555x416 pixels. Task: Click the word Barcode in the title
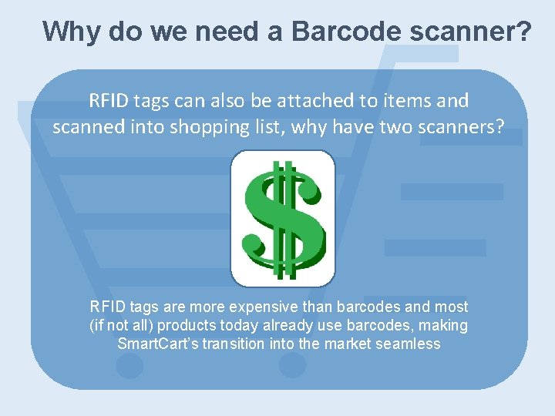[x=346, y=32]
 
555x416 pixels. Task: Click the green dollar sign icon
[x=283, y=218]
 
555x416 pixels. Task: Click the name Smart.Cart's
[x=157, y=344]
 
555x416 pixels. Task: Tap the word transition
[x=234, y=344]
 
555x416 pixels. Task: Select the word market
[x=346, y=344]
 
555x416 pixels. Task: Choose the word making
[x=442, y=325]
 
